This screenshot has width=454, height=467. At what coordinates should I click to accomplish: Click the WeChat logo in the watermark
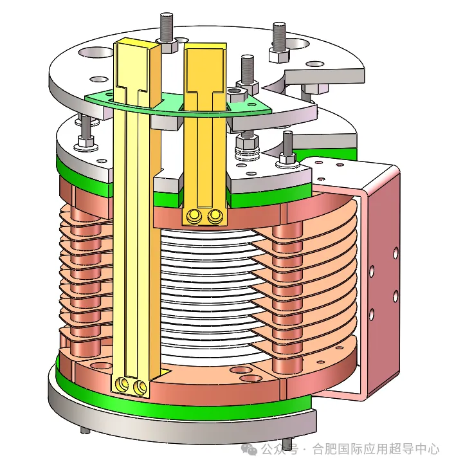pyautogui.click(x=249, y=449)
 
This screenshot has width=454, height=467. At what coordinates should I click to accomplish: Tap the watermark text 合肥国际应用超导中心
pyautogui.click(x=376, y=449)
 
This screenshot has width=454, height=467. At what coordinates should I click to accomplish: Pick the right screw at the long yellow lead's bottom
pyautogui.click(x=140, y=387)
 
